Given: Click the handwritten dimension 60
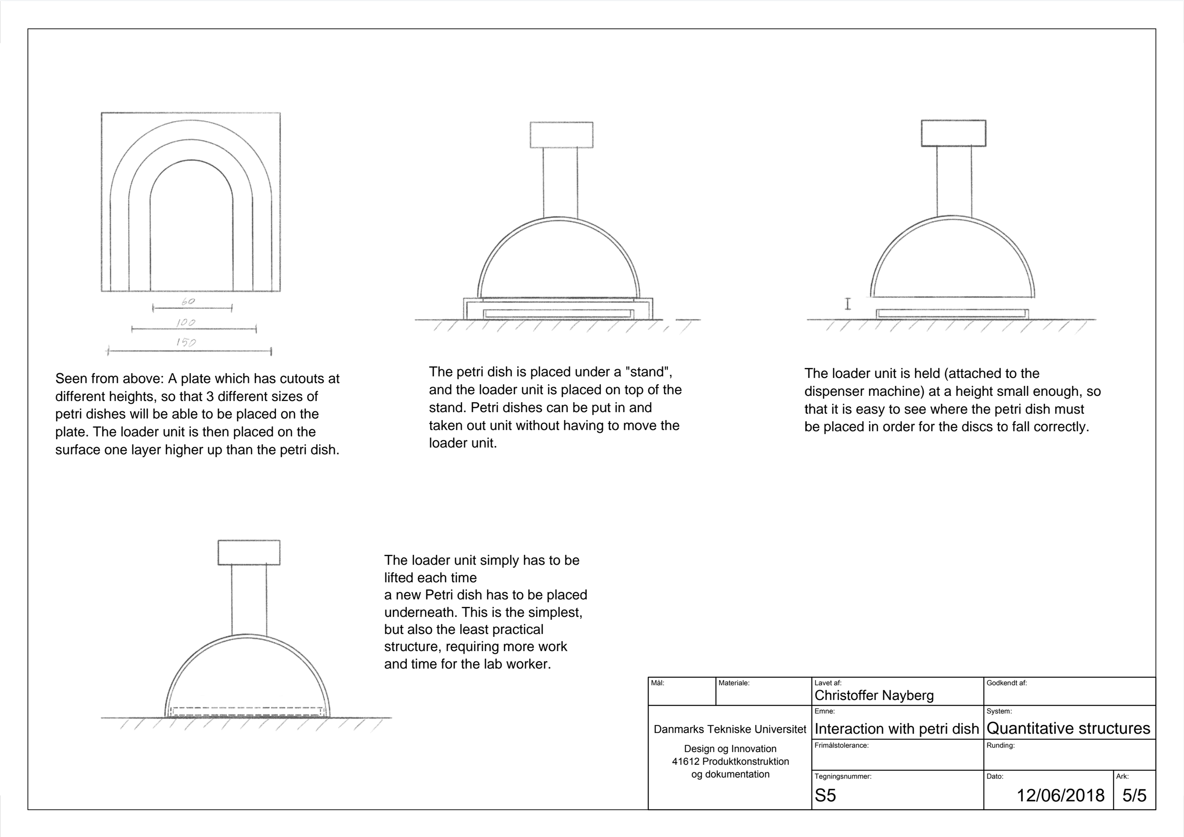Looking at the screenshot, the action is (x=188, y=301).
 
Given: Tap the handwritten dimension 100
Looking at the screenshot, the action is (x=185, y=322).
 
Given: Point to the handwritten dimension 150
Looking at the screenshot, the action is (x=185, y=342).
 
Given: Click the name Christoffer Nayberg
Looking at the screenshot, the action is (x=874, y=696).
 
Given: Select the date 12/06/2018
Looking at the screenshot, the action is (x=1060, y=795).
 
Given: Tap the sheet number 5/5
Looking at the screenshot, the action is (x=1134, y=795).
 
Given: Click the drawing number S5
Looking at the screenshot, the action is (x=825, y=796).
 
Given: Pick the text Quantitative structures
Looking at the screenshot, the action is (x=1068, y=728).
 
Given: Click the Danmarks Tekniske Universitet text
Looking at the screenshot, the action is (x=730, y=729).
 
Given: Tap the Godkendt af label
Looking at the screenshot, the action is (x=1007, y=683).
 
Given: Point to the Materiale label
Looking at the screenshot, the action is (x=734, y=683).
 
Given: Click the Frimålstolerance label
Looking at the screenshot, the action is (x=842, y=745).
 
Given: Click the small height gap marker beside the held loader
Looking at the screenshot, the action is (x=847, y=304).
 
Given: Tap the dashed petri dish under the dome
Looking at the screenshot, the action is (x=248, y=712).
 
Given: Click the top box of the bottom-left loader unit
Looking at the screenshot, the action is (x=249, y=552).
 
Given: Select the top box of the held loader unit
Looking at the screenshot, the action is (x=954, y=133).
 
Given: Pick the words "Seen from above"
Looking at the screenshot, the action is (x=109, y=379).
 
